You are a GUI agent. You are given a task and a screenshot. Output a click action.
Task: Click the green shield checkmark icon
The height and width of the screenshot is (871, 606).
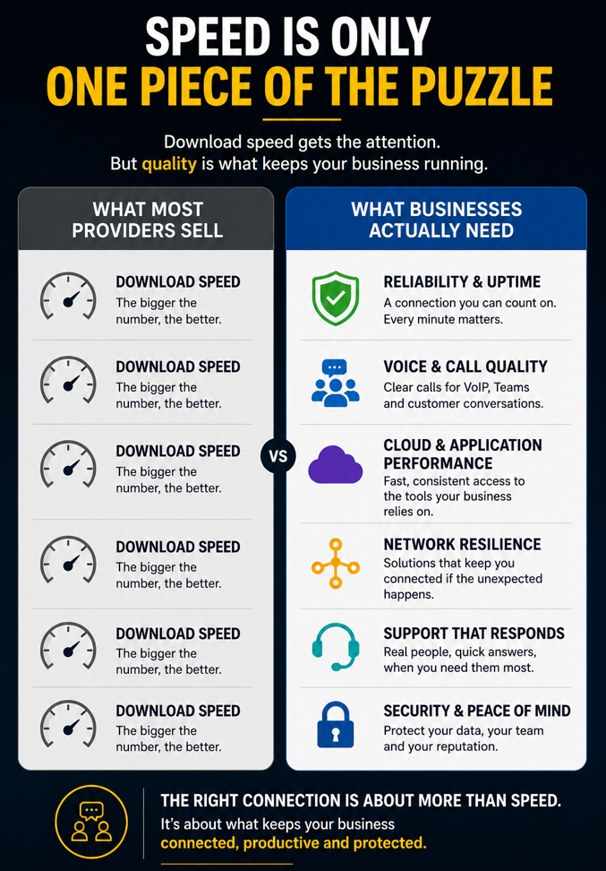[335, 298]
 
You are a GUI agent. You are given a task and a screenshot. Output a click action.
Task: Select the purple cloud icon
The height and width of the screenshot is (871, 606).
[335, 464]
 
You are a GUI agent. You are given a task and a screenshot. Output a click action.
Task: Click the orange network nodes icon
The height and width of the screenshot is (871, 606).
[335, 564]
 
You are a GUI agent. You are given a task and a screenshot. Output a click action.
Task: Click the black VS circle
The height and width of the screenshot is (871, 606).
[278, 456]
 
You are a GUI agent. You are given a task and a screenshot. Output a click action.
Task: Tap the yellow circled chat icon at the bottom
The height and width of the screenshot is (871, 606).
[91, 822]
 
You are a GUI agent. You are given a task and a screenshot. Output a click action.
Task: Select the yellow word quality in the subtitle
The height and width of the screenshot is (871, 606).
[169, 164]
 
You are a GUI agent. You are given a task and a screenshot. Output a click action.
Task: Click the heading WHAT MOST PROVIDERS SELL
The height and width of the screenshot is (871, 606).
[148, 220]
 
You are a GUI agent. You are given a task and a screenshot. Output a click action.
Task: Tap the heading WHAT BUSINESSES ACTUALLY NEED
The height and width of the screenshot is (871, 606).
[437, 220]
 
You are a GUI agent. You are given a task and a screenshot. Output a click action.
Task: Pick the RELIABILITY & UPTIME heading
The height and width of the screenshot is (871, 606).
[462, 281]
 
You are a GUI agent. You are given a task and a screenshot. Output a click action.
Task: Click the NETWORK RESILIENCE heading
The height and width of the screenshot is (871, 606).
[462, 544]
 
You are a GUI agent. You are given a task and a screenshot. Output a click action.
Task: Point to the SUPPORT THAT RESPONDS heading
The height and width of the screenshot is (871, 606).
[474, 634]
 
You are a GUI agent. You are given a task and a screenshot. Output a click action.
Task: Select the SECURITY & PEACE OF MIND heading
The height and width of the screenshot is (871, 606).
[477, 711]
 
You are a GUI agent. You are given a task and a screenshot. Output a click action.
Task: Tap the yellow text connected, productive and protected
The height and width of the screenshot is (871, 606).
[294, 842]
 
